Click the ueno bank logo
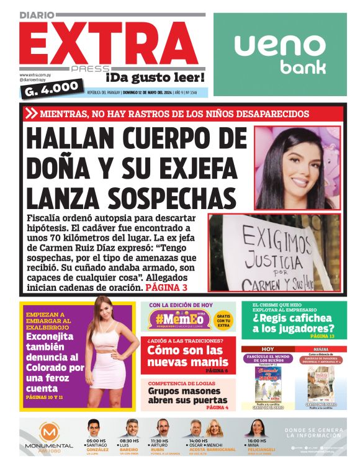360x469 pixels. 280,53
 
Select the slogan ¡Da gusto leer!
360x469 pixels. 155,78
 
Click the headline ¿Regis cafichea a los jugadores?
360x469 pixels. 293,324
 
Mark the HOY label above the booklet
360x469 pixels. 267,349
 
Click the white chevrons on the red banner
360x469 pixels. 30,114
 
